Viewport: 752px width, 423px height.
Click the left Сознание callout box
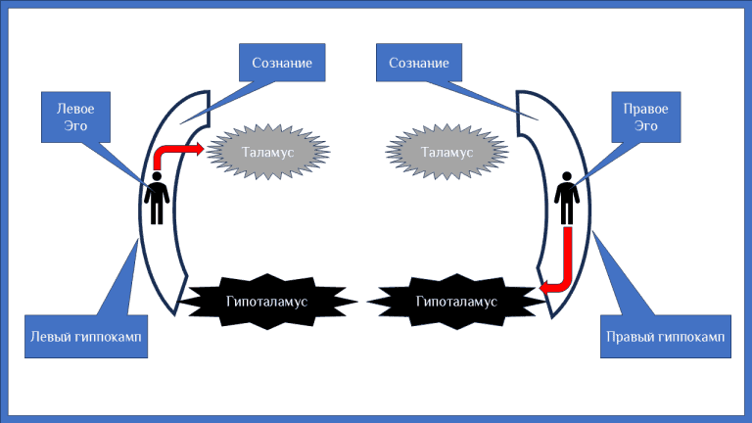pos(282,64)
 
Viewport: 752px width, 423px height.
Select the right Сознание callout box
pos(418,64)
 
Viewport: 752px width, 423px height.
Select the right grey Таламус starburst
pos(446,153)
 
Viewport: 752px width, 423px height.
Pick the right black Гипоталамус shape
pos(449,301)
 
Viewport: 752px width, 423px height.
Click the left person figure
pos(157,198)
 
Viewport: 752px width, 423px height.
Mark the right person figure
pos(566,198)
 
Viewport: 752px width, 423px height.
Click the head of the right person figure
pos(566,177)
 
